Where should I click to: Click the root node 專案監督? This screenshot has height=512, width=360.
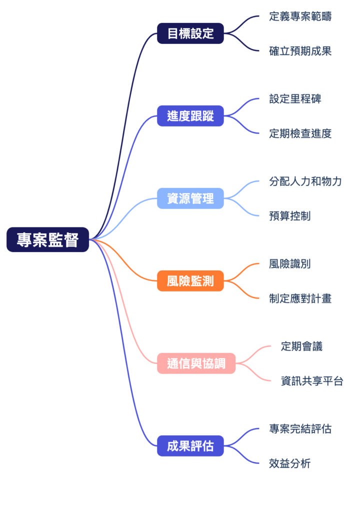pyautogui.click(x=47, y=240)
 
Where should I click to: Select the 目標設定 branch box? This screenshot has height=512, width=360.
pyautogui.click(x=190, y=33)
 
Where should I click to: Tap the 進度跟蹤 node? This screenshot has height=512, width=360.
pyautogui.click(x=190, y=116)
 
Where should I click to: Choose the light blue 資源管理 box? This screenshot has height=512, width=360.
pyautogui.click(x=190, y=198)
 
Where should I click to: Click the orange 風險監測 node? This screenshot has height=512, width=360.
pyautogui.click(x=190, y=281)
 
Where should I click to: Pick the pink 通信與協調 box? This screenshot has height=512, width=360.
pyautogui.click(x=196, y=363)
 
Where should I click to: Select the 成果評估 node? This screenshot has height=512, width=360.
pyautogui.click(x=190, y=446)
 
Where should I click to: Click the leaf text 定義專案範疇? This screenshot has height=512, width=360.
pyautogui.click(x=300, y=16)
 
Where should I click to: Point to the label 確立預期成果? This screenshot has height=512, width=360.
pyautogui.click(x=300, y=51)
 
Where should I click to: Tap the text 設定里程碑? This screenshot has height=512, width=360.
pyautogui.click(x=295, y=99)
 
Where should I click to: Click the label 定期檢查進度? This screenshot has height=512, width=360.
pyautogui.click(x=300, y=133)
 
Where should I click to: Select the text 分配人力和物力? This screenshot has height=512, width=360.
pyautogui.click(x=305, y=181)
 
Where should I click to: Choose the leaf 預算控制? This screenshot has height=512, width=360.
pyautogui.click(x=289, y=216)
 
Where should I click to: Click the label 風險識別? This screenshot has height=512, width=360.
pyautogui.click(x=289, y=263)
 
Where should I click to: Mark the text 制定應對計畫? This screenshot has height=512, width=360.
pyautogui.click(x=300, y=298)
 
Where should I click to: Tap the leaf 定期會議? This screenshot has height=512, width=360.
pyautogui.click(x=301, y=346)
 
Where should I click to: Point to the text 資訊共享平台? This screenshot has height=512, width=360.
pyautogui.click(x=312, y=381)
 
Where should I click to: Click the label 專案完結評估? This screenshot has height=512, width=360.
pyautogui.click(x=300, y=428)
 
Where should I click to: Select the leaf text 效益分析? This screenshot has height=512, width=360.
pyautogui.click(x=289, y=463)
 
